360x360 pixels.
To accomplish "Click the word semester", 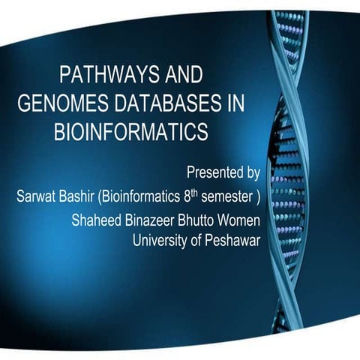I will pyautogui.click(x=232, y=198).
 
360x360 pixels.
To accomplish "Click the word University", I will pyautogui.click(x=160, y=241).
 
